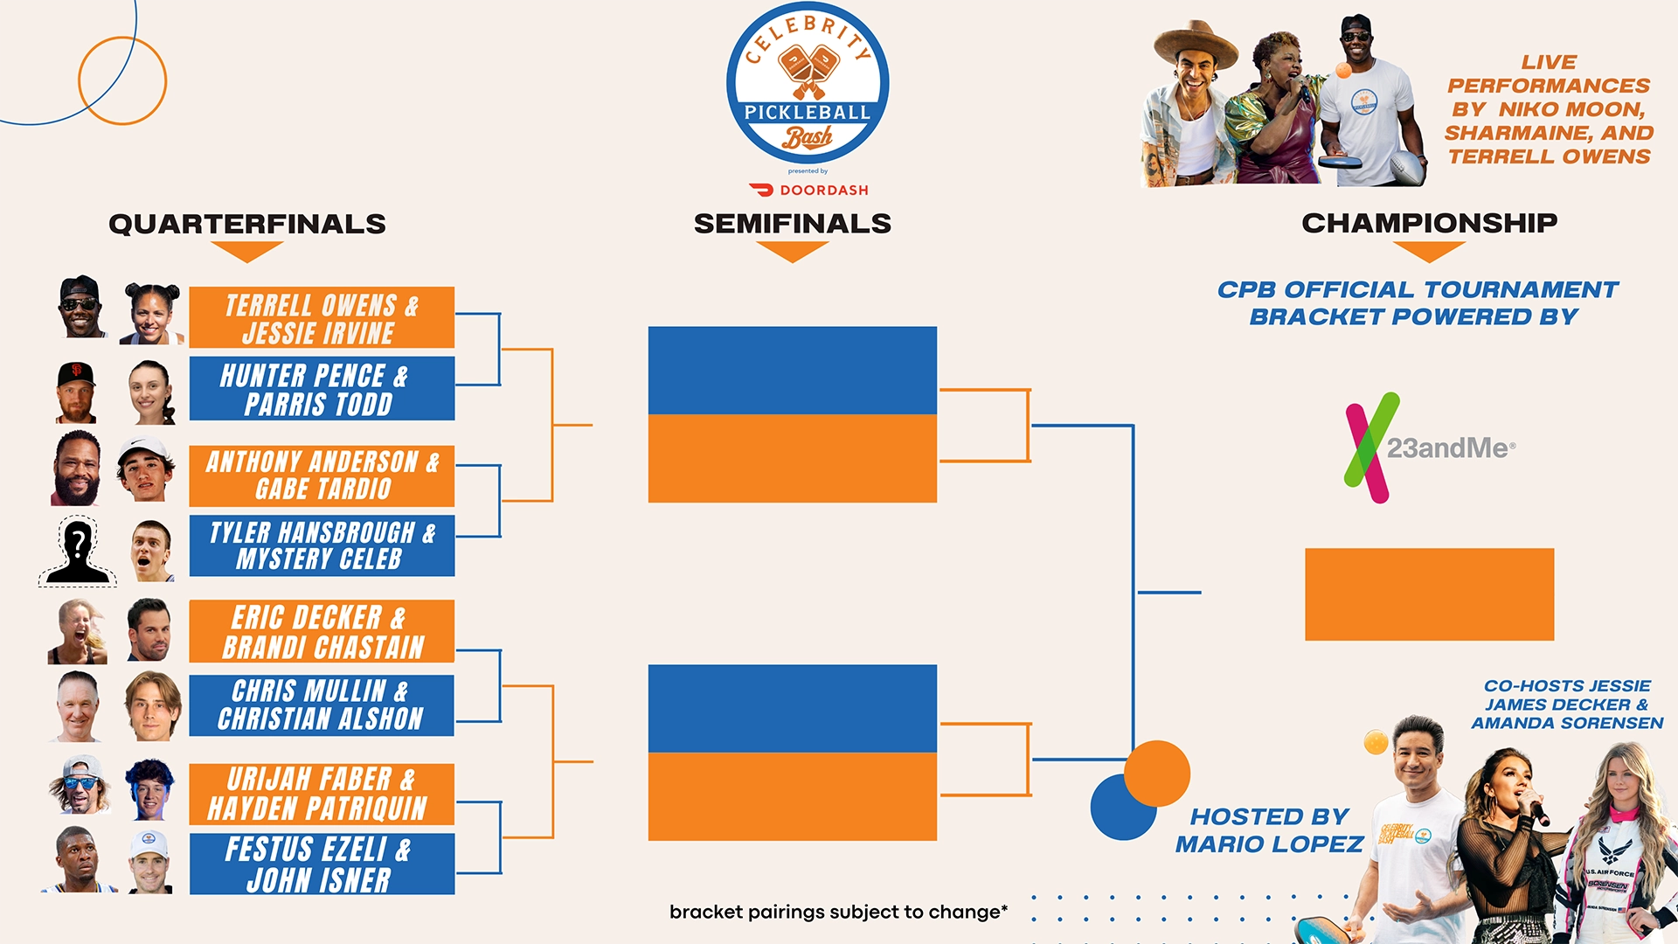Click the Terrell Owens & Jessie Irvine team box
coord(322,317)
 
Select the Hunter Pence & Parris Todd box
coord(322,388)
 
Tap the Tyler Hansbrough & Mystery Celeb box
coord(322,545)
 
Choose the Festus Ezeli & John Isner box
coord(322,864)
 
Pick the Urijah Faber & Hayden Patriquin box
coord(322,794)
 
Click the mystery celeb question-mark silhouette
coord(78,551)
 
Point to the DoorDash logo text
coord(809,190)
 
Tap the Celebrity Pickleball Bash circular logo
coord(808,83)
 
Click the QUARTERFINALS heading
coord(247,224)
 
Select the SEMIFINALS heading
coord(793,224)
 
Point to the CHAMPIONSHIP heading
coord(1430,223)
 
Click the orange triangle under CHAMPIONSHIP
coord(1430,251)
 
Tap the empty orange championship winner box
coord(1430,594)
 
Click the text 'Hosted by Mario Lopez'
coord(1269,830)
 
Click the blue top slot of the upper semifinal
coord(793,371)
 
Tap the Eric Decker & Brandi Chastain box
coord(322,631)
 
